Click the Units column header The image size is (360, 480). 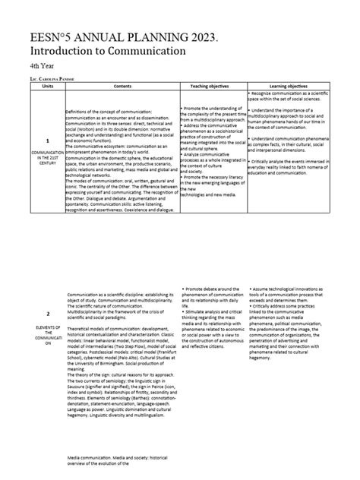tap(47, 87)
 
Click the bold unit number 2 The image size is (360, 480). tap(47, 314)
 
